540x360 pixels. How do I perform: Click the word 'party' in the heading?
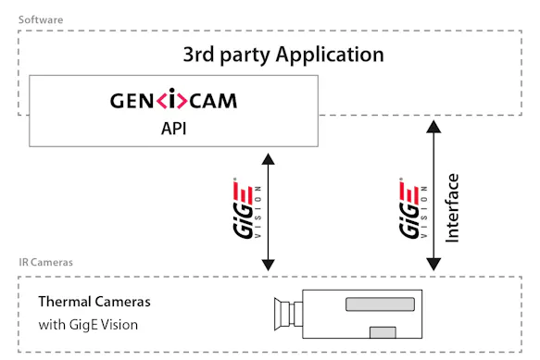click(245, 55)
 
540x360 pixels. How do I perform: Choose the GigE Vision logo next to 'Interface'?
click(408, 208)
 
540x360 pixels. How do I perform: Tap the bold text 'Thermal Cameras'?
click(94, 302)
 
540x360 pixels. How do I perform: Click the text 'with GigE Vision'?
click(89, 325)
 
